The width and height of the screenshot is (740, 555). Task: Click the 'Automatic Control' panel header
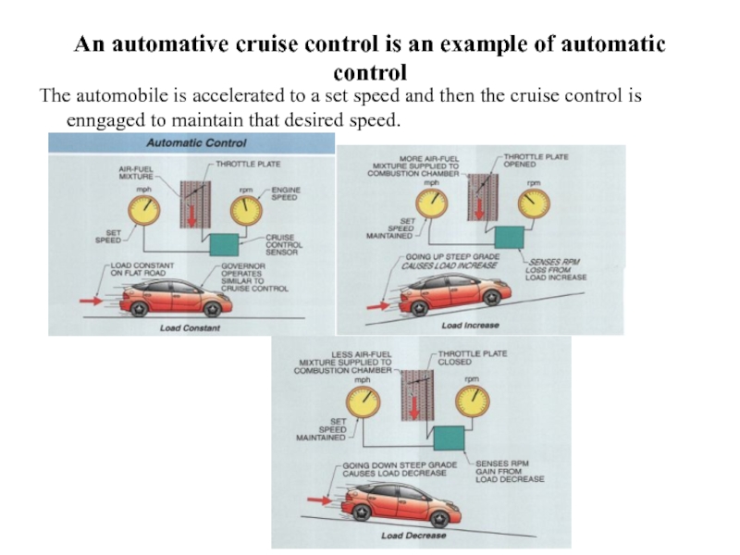click(x=197, y=143)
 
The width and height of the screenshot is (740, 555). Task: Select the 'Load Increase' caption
click(x=470, y=326)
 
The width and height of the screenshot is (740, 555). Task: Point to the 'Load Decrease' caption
click(x=413, y=535)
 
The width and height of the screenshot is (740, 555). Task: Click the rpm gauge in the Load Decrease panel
click(x=472, y=402)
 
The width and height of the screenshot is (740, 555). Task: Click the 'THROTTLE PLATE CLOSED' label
click(x=472, y=358)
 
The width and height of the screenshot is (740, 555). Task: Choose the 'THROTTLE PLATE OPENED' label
click(x=536, y=162)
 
